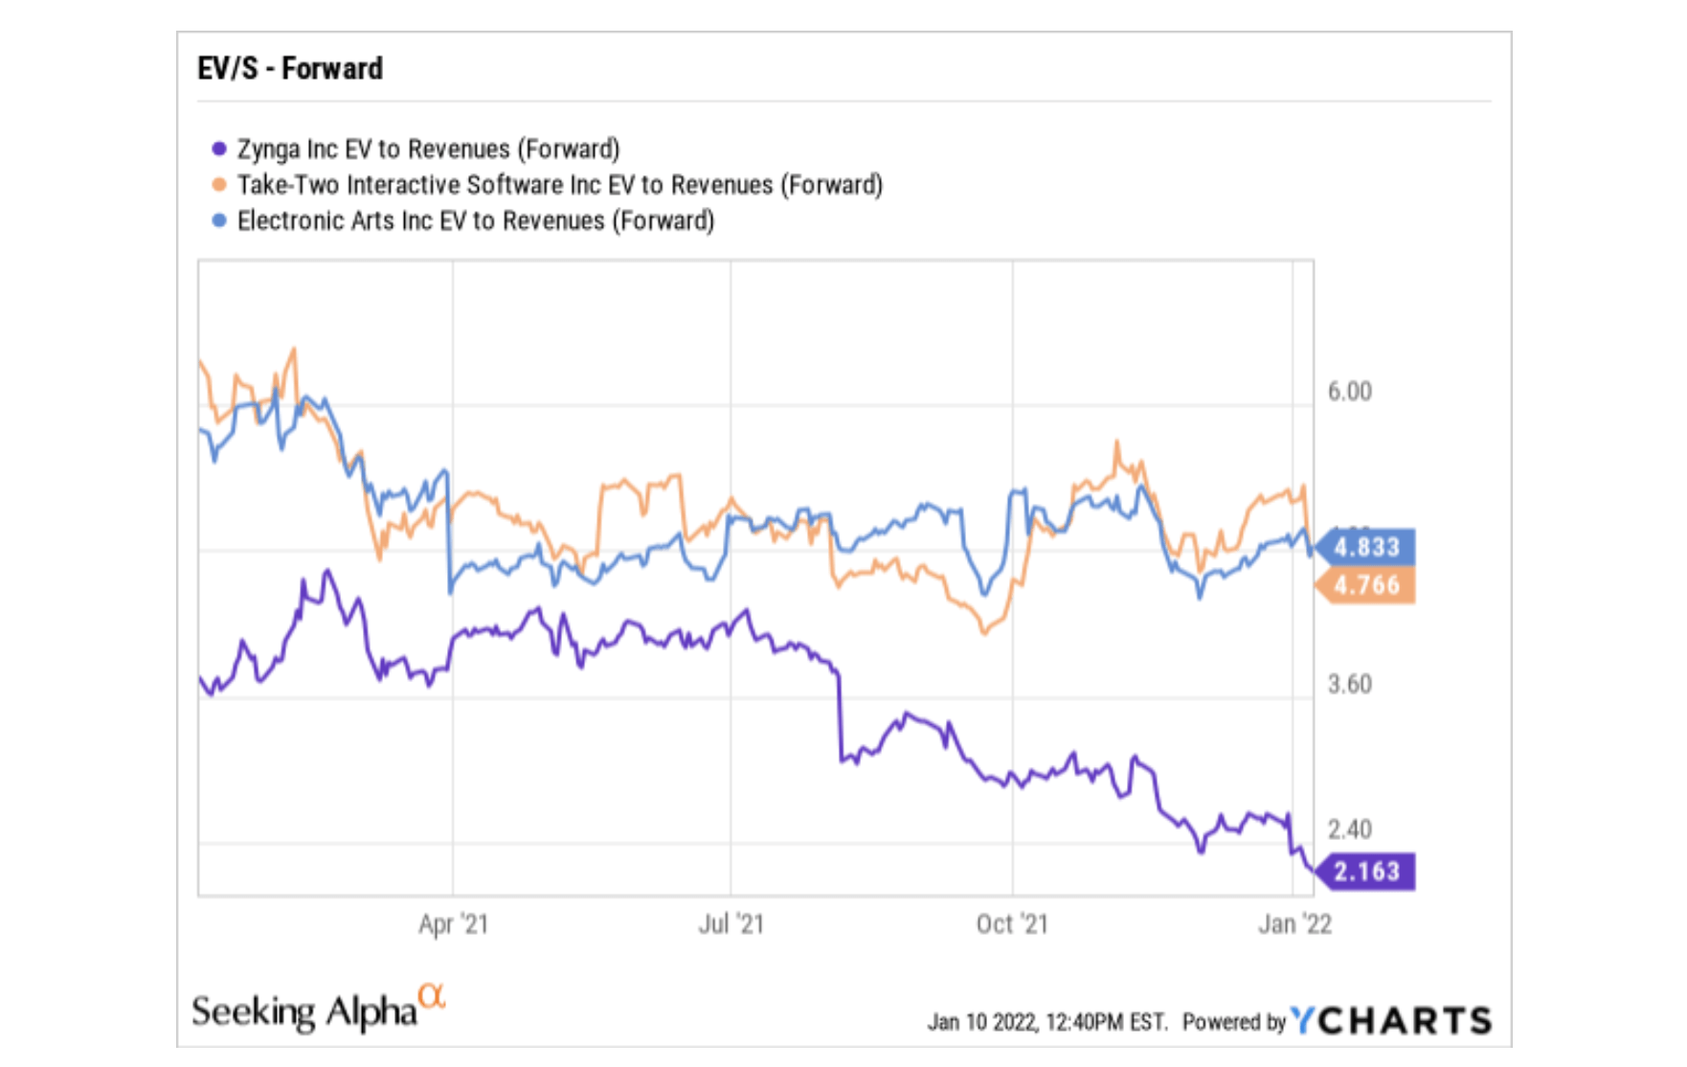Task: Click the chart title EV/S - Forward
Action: pyautogui.click(x=289, y=69)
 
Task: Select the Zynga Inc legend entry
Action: pyautogui.click(x=427, y=149)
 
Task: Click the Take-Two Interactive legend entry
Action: pyautogui.click(x=559, y=185)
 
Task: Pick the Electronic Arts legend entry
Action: pyautogui.click(x=475, y=221)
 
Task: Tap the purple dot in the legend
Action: pyautogui.click(x=219, y=149)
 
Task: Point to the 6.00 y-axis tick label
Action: pyautogui.click(x=1349, y=392)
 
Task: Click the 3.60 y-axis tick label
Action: pyautogui.click(x=1349, y=685)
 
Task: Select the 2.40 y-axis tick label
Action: pyautogui.click(x=1349, y=829)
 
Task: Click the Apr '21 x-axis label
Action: pyautogui.click(x=453, y=924)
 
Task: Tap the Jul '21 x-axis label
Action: pyautogui.click(x=731, y=924)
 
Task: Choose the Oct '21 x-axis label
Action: pyautogui.click(x=1012, y=924)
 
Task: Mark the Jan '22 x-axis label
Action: pyautogui.click(x=1294, y=924)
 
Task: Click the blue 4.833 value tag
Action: pyautogui.click(x=1366, y=548)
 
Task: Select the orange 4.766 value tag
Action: pyautogui.click(x=1366, y=585)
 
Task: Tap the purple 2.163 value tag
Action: pyautogui.click(x=1366, y=872)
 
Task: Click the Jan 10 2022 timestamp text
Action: pyautogui.click(x=1046, y=1023)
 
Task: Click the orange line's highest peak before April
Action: pyautogui.click(x=294, y=351)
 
